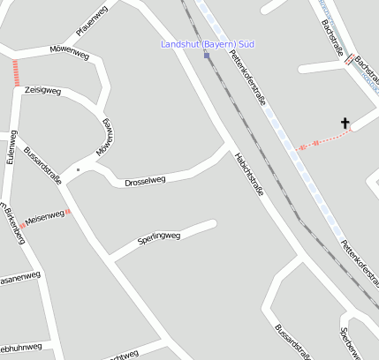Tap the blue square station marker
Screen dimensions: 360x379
(x=207, y=55)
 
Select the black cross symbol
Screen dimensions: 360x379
(x=345, y=123)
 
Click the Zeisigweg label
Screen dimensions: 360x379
(x=42, y=90)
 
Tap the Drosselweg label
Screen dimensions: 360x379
(x=145, y=181)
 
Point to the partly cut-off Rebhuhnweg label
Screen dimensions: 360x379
(x=19, y=347)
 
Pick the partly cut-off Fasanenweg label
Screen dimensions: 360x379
(x=19, y=278)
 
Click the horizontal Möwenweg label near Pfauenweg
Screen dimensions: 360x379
(x=70, y=54)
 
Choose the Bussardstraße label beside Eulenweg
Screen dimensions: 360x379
(x=42, y=165)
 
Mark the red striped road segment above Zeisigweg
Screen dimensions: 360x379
(x=16, y=72)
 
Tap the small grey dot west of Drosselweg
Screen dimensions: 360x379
(x=78, y=169)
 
